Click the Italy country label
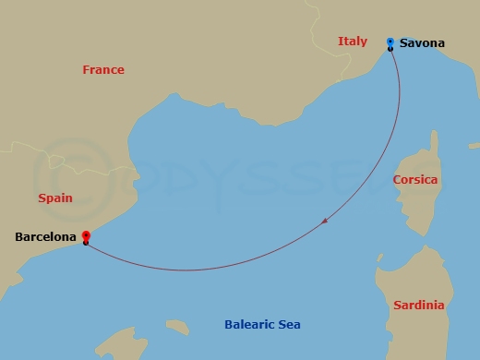pos(353,42)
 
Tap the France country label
pos(102,70)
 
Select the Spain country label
pos(55,198)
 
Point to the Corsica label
pos(414,180)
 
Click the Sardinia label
pos(418,306)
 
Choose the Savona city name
pos(422,43)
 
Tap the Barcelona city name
pos(45,237)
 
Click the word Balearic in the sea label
pos(249,325)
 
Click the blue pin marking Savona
pos(390,42)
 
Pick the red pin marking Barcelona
pos(86,237)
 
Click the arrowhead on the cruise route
pos(326,222)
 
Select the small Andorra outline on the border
pos(59,160)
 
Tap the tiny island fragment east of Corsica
pos(474,145)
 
